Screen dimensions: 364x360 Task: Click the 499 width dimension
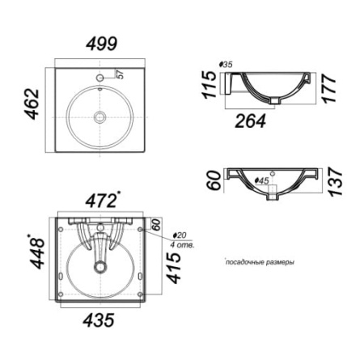coord(102,44)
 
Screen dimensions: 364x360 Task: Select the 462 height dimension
coord(32,104)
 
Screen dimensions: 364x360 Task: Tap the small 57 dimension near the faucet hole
coord(121,74)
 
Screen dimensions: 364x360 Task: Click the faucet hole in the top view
coord(100,78)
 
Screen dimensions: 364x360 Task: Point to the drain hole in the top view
coord(99,117)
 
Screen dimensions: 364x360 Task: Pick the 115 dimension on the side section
coord(210,84)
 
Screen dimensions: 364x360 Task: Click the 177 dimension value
coord(329,89)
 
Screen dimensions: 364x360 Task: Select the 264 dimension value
coord(251,121)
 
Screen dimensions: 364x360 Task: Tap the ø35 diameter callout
coord(226,65)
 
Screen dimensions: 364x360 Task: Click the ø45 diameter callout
coord(262,180)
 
